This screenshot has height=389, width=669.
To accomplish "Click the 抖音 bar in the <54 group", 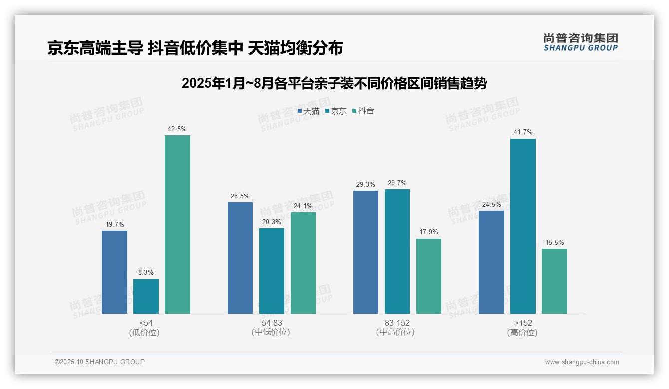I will (x=177, y=224).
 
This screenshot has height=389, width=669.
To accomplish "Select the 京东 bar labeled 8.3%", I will (x=146, y=296).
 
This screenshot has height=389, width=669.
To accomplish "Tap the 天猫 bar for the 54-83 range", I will (x=240, y=258).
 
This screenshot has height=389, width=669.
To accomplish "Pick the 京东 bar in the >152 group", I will (x=523, y=226).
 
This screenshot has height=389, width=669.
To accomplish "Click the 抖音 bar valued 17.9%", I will (x=429, y=276).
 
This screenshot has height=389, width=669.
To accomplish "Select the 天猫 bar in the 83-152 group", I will (x=366, y=252).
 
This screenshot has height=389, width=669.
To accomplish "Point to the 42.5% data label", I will (x=177, y=129).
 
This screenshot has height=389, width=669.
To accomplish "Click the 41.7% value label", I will (x=523, y=132).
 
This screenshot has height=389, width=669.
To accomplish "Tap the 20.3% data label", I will (x=272, y=222).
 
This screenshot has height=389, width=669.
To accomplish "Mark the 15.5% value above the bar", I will (x=554, y=243).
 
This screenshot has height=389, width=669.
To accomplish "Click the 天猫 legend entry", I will (x=308, y=111).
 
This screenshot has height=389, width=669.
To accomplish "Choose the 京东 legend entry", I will (x=336, y=111).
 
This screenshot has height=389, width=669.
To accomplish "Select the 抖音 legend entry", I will (x=363, y=111).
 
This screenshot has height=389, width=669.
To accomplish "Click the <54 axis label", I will (x=146, y=323).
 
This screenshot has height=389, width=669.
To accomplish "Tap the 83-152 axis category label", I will (x=397, y=323).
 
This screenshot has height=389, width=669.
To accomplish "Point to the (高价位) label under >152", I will (x=522, y=332).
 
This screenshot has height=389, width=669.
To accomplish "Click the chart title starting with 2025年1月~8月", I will (x=334, y=83).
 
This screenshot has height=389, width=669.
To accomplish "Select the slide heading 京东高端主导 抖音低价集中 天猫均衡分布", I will (x=195, y=48).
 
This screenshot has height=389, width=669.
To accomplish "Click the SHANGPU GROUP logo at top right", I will (x=580, y=42).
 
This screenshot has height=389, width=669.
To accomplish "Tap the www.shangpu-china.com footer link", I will (x=582, y=362).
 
